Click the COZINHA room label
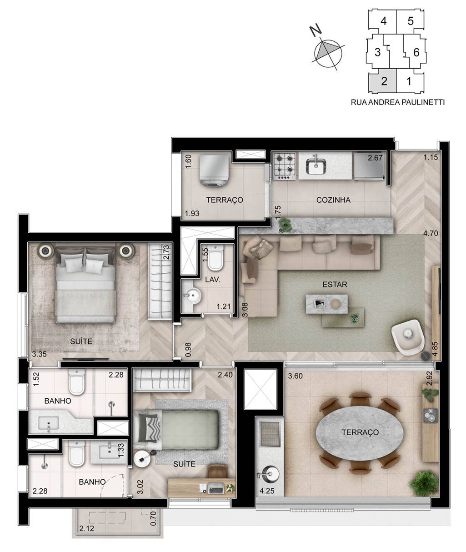pos(333,200)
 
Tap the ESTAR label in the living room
pos(335,285)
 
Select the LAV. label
pos(212,280)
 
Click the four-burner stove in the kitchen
pos(285,166)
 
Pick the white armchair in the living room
pos(407,337)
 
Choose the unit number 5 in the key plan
pos(410,21)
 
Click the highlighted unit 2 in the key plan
pos(384,81)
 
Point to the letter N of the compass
pos(316,30)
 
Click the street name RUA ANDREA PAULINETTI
pos(397,102)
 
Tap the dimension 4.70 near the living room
pos(431,233)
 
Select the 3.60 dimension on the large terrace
pos(295,376)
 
